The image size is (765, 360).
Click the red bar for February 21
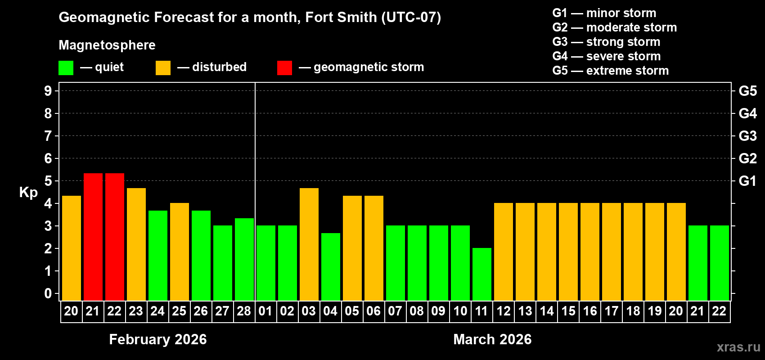point(93,237)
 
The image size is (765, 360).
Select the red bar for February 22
point(115,237)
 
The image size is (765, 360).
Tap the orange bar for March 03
point(309,244)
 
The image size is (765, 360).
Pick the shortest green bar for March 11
point(482,274)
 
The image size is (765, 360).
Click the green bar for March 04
point(331,266)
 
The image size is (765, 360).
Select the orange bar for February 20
point(72,248)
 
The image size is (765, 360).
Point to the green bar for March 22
point(720,263)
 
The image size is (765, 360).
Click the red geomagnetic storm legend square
point(284,68)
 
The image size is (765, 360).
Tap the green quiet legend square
point(66,68)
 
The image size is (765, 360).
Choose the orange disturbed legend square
point(163,68)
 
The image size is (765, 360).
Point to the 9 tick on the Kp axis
point(48,91)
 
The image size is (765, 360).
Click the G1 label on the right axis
point(747,181)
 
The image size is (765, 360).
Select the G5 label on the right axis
point(747,91)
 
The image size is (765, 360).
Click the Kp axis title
point(28,192)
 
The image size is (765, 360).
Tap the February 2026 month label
point(158,339)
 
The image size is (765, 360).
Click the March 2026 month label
point(492,339)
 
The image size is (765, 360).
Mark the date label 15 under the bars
point(568,311)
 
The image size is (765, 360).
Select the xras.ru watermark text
point(738,346)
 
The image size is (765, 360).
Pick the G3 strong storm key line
point(606,42)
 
